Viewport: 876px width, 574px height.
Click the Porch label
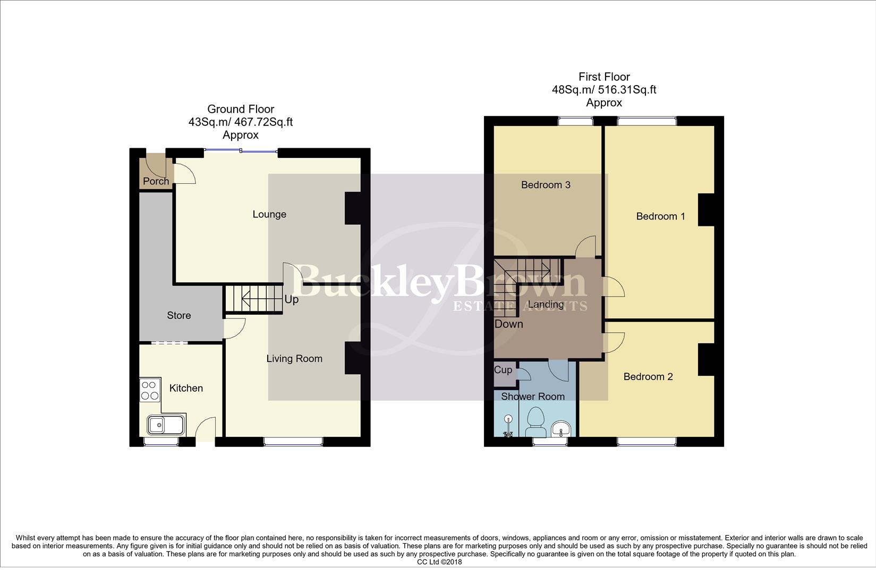tap(156, 181)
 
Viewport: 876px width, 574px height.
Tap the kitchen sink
tap(166, 425)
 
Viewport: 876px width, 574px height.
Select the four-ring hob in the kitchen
tap(150, 390)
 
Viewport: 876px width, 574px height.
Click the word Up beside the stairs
tap(291, 299)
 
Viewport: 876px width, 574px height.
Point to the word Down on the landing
tap(508, 324)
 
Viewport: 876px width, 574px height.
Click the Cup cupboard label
tap(503, 369)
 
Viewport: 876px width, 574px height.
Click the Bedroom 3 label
tap(546, 185)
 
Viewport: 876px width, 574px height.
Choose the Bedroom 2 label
tap(648, 377)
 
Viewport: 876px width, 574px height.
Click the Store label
tap(178, 316)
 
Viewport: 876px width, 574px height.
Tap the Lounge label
tap(269, 214)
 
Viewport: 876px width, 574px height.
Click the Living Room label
tap(294, 359)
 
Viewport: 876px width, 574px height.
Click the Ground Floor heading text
tap(241, 109)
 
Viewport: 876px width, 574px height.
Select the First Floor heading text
tap(604, 77)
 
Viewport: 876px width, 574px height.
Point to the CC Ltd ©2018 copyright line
tap(439, 562)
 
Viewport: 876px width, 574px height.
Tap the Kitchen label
tap(186, 389)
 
